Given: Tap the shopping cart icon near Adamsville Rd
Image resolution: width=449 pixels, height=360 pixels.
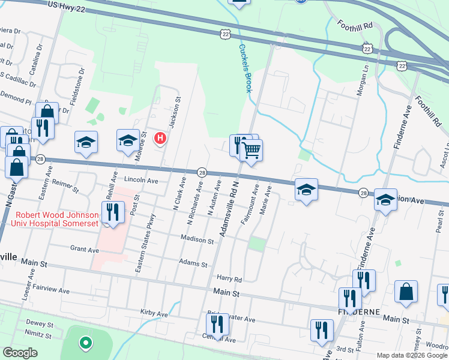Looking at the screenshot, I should click(252, 149).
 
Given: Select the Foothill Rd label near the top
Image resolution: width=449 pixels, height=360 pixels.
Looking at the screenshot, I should click(360, 26).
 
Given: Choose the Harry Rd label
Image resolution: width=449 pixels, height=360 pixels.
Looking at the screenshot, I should click(229, 279).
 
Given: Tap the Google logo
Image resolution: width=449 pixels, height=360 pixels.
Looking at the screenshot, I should click(20, 353).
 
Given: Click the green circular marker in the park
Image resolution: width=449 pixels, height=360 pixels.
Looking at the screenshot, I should click(86, 343).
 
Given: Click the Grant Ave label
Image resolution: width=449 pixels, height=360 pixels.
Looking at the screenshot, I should click(84, 249).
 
